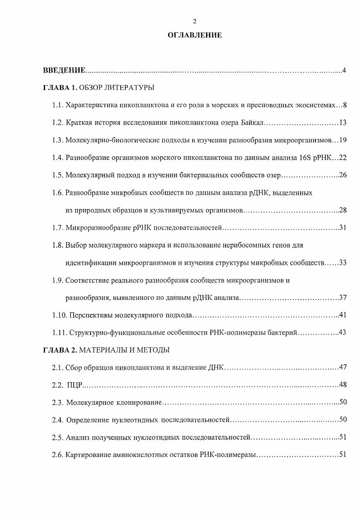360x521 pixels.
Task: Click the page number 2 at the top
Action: [x=195, y=22]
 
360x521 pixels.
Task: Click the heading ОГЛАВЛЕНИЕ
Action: [x=195, y=35]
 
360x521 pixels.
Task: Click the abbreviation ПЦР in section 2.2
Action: [x=75, y=385]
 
